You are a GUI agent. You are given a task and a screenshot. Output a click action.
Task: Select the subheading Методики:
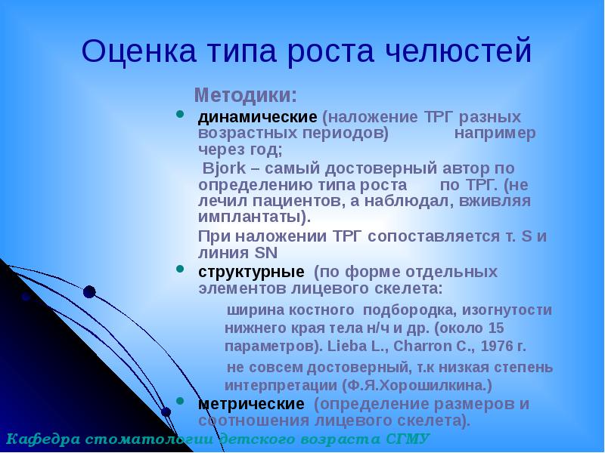246,96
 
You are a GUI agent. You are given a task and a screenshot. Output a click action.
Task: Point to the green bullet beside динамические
179,115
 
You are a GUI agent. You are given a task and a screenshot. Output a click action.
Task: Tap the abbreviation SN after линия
267,253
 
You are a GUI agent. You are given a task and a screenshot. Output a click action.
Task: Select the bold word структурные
251,271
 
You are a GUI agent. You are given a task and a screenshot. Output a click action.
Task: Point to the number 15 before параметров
496,328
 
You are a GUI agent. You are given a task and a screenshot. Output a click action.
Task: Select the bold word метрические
252,404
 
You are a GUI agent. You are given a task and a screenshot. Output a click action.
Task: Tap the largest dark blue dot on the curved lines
89,291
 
